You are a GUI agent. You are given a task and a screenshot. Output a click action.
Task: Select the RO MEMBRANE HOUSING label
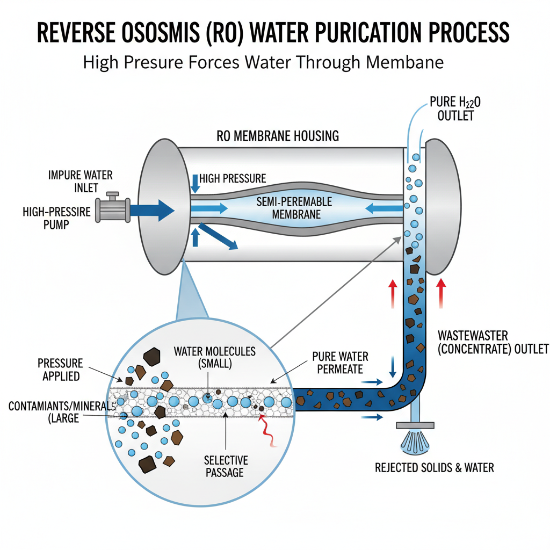(278, 136)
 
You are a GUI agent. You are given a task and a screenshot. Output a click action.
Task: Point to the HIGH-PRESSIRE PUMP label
(57, 218)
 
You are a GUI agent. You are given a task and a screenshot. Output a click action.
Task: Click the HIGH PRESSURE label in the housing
(232, 178)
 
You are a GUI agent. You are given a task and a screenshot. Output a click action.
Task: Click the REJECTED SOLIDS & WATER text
(434, 468)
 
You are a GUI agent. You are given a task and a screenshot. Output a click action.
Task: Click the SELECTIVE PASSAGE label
(226, 466)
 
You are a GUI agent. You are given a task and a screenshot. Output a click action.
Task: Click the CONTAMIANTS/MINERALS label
(61, 412)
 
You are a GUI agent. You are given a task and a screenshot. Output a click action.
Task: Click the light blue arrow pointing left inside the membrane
(383, 208)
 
